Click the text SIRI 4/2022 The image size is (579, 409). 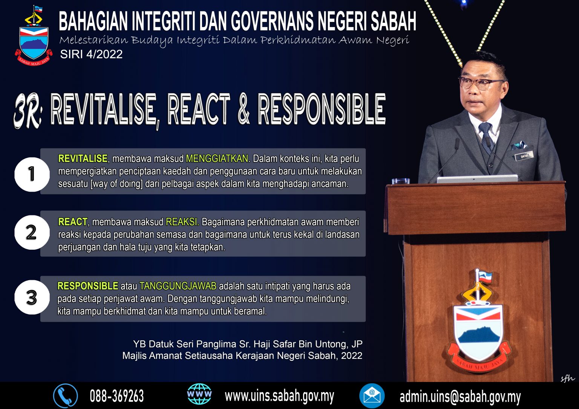[91, 54]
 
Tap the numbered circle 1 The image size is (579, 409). [32, 174]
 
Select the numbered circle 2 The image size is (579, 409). [32, 232]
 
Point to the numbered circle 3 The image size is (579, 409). [32, 297]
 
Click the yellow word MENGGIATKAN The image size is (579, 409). [217, 159]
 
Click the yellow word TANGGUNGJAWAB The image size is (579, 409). [178, 286]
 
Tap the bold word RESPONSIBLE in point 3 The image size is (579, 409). [88, 286]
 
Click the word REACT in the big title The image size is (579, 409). [198, 110]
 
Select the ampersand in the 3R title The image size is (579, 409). [244, 110]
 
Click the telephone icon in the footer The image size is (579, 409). [65, 396]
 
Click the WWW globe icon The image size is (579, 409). [199, 394]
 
